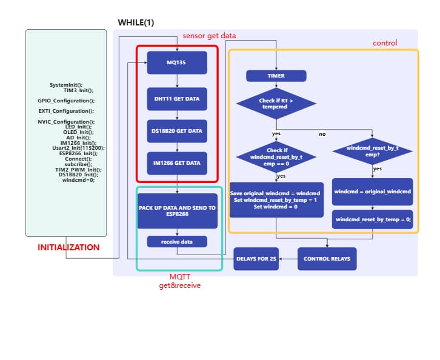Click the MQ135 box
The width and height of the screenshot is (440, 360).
click(177, 62)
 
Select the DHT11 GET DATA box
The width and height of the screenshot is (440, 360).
click(177, 99)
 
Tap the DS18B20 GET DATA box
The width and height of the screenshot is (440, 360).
click(177, 131)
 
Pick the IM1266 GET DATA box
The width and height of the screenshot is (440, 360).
click(177, 163)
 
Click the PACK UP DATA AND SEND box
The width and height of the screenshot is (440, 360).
click(177, 211)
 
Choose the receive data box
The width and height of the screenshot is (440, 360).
click(177, 241)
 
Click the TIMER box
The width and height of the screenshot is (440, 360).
click(276, 76)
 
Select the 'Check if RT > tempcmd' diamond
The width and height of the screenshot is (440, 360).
click(276, 104)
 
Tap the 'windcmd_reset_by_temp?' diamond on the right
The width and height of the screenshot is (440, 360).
click(372, 151)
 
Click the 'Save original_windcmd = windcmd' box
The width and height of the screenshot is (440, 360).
click(276, 199)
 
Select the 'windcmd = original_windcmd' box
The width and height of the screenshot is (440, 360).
click(372, 192)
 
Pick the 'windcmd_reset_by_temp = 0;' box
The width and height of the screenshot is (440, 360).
click(372, 219)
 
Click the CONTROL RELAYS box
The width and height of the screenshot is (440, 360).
click(327, 259)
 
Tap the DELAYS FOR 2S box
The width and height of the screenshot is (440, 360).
click(256, 259)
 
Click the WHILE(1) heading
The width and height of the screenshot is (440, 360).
click(136, 23)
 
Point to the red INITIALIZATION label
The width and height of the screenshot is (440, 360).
click(68, 247)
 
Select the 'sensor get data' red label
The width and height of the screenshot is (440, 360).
click(209, 36)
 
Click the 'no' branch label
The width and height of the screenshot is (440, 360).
click(322, 134)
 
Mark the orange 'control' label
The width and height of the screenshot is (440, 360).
click(385, 43)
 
